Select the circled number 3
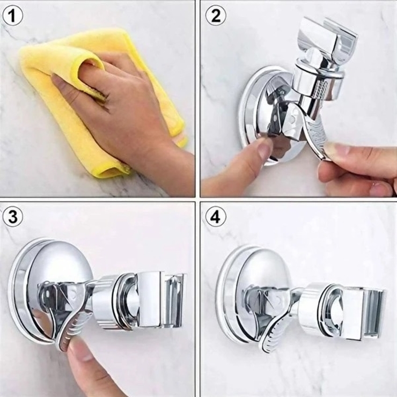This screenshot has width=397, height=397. pos(13,217)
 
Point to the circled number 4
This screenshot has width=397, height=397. pos(216,217)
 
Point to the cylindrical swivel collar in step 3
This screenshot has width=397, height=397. pos(106,302)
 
